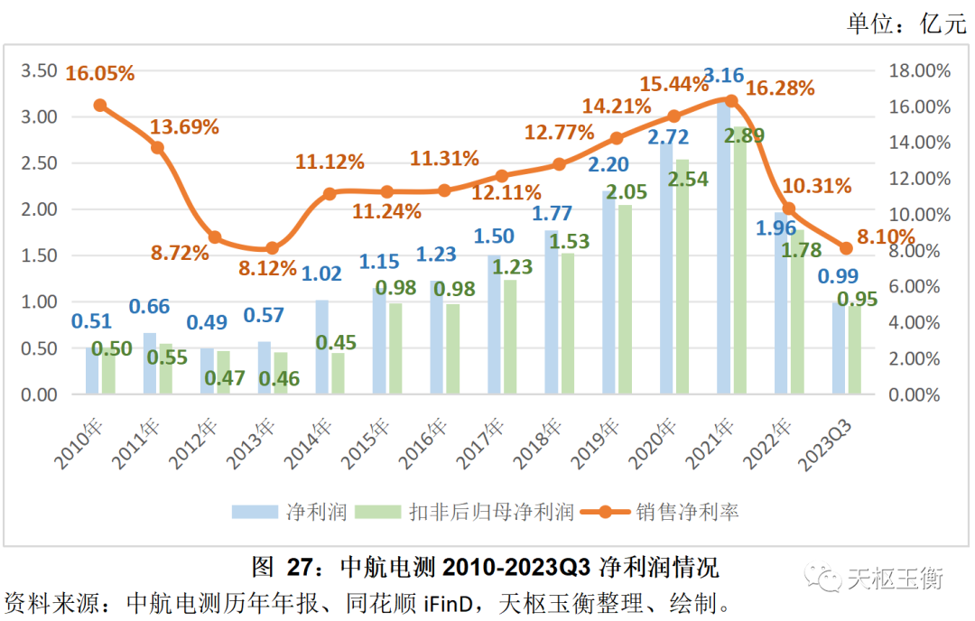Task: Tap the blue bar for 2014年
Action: point(322,347)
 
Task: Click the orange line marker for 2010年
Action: point(100,105)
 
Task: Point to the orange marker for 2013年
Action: point(273,248)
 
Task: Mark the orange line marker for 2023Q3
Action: point(846,248)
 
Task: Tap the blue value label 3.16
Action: point(723,75)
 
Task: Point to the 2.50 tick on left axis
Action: point(42,163)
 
